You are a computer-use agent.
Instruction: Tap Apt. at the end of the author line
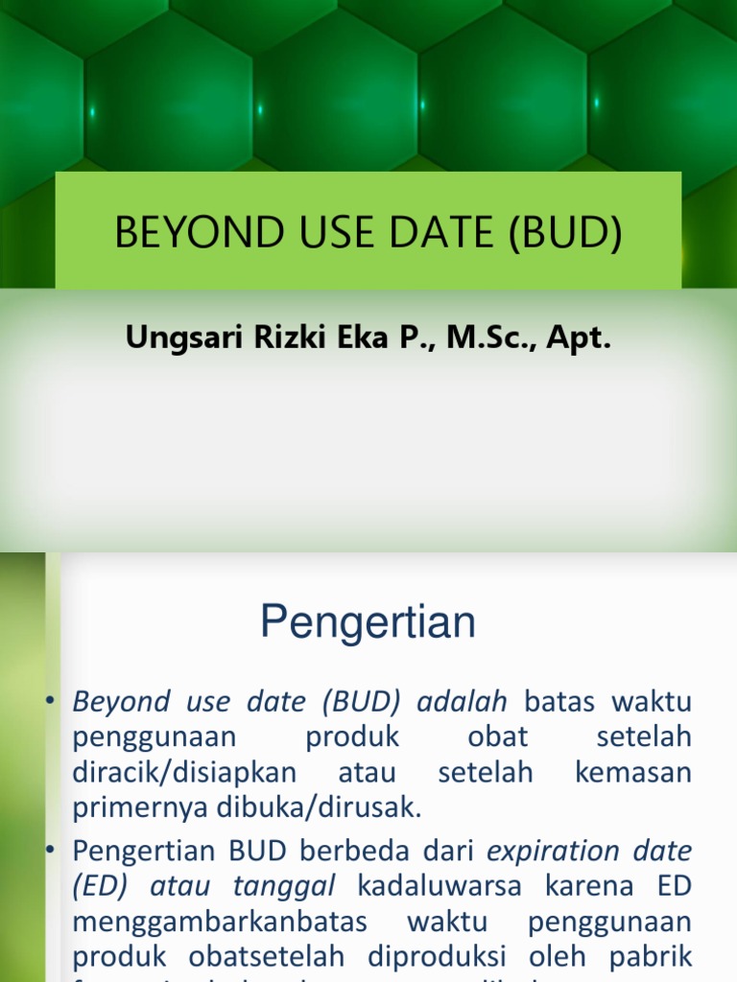(x=580, y=339)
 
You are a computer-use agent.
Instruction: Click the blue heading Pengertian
(x=368, y=623)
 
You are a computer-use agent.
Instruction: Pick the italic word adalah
(x=462, y=702)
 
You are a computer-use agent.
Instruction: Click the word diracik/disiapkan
(x=185, y=773)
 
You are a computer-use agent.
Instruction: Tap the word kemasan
(x=633, y=773)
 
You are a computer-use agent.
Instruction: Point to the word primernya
(x=125, y=808)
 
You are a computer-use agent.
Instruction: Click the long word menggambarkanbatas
(x=220, y=923)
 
